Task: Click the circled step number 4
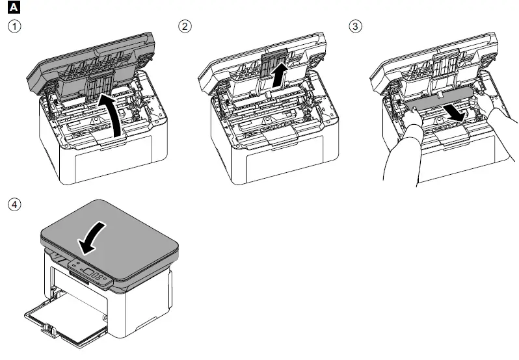(12, 203)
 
